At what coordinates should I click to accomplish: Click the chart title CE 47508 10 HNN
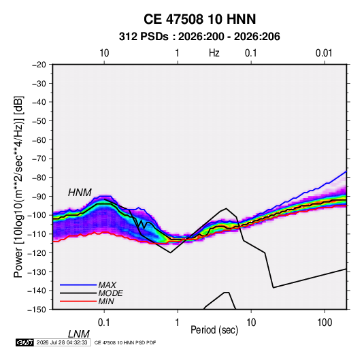199,19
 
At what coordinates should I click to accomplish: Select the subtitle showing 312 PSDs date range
199,37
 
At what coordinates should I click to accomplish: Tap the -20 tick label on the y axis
39,65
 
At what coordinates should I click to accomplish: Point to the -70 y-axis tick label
39,159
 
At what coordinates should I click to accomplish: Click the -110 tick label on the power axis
37,234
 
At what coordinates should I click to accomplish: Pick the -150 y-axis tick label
37,310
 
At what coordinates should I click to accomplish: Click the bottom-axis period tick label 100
325,323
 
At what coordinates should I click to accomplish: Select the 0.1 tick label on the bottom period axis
104,323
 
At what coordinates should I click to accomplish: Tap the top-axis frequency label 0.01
324,53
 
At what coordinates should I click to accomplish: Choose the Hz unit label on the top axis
214,53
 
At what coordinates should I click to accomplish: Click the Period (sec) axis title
214,330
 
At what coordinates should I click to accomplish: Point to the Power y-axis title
18,187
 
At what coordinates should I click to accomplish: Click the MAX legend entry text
107,284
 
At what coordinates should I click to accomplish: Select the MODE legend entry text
110,293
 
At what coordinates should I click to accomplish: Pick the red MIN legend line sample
78,301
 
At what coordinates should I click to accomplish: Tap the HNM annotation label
80,193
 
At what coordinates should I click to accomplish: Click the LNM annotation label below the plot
78,334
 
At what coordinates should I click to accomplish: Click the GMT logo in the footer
25,342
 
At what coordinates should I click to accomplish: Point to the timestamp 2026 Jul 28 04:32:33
62,342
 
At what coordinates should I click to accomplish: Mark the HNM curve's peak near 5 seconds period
226,208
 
